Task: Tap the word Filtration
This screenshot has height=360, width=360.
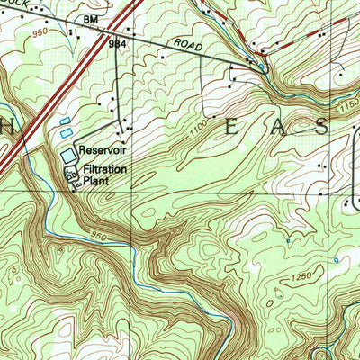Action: pyautogui.click(x=105, y=169)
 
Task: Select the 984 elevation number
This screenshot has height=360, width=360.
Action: pyautogui.click(x=116, y=42)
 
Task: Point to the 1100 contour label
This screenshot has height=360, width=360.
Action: pyautogui.click(x=200, y=133)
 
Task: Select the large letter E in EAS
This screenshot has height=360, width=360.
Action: pyautogui.click(x=231, y=128)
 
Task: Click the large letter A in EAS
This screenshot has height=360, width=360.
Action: pyautogui.click(x=274, y=128)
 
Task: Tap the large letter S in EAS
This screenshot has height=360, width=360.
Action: pyautogui.click(x=319, y=128)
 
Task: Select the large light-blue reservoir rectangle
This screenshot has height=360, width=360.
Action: pyautogui.click(x=69, y=157)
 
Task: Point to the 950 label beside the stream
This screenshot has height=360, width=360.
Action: pyautogui.click(x=101, y=235)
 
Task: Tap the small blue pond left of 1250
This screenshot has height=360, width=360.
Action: pyautogui.click(x=287, y=241)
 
